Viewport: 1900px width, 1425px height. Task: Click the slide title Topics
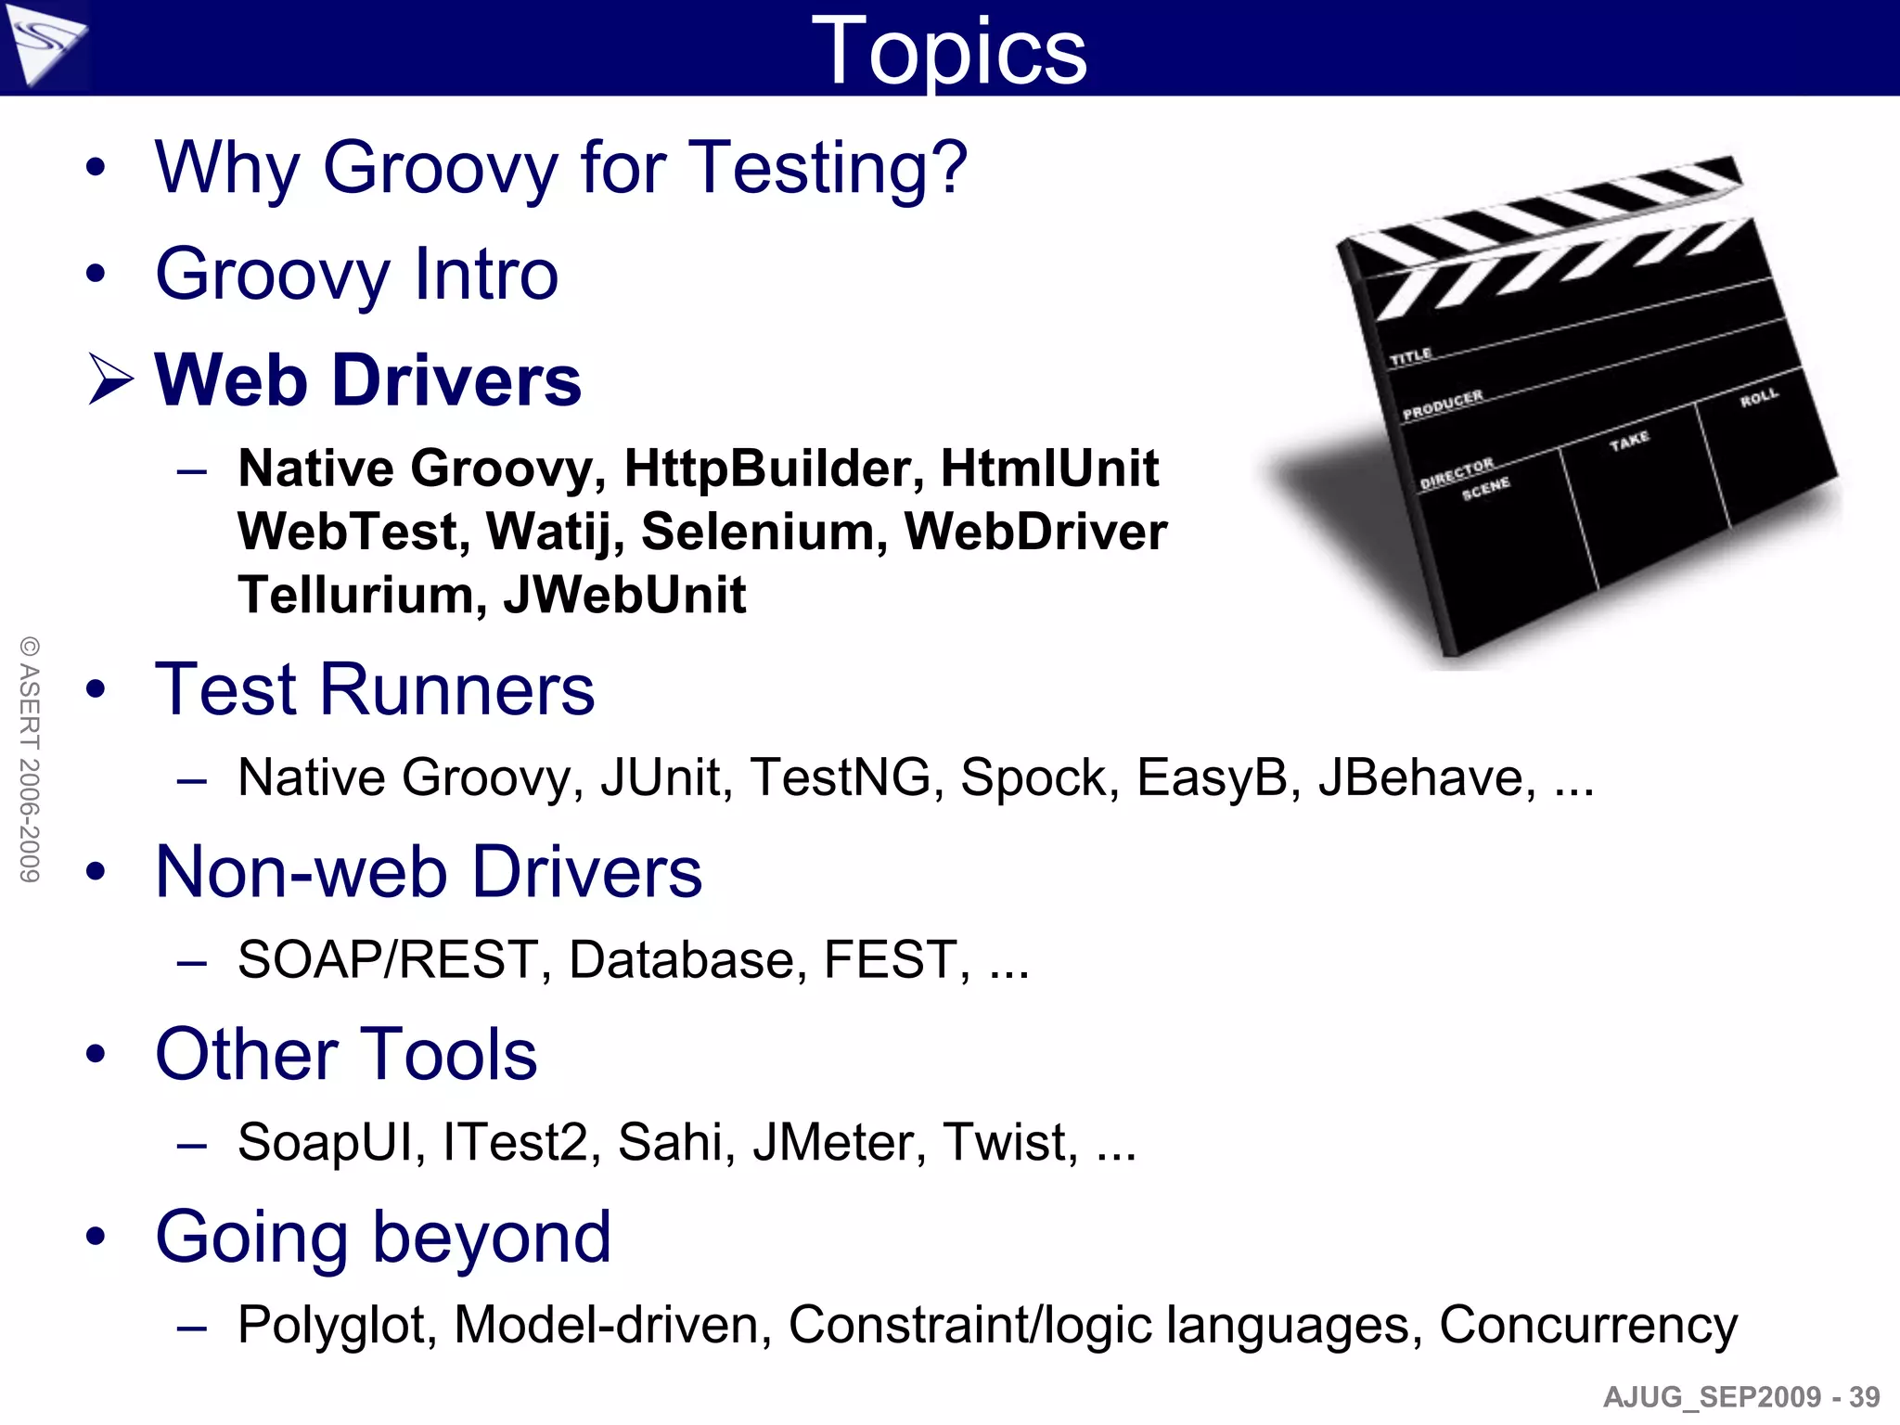[948, 52]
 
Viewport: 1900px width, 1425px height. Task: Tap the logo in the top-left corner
[44, 44]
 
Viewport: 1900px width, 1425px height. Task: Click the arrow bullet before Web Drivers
[110, 380]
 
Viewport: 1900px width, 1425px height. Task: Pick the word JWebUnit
[624, 595]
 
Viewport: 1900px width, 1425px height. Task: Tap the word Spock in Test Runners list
[1033, 777]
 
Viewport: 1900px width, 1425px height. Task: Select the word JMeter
[839, 1142]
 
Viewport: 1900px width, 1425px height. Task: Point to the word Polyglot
[336, 1325]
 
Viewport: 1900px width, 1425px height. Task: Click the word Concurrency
[1587, 1325]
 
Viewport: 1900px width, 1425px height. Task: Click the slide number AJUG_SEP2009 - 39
[1740, 1396]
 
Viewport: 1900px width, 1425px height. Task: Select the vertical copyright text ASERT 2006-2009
[30, 759]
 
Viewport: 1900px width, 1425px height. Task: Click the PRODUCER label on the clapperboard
[1442, 404]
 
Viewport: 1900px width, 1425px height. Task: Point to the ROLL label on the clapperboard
[1758, 398]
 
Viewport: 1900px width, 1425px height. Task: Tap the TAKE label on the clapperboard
[1629, 441]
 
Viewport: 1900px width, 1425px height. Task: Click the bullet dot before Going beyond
[96, 1237]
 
